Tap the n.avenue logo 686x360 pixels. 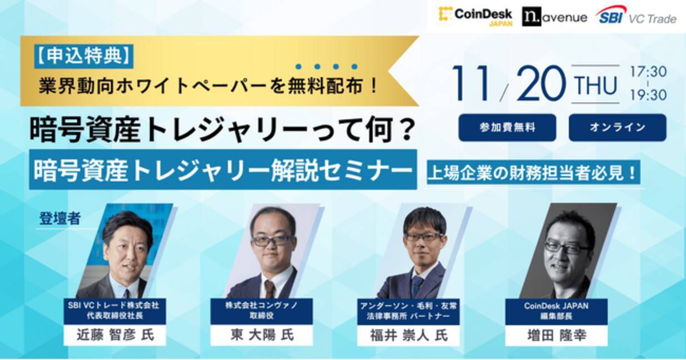[x=554, y=17]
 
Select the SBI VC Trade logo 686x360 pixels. [x=636, y=16]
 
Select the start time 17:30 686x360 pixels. [x=648, y=72]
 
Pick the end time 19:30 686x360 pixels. [x=648, y=96]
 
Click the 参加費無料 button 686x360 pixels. [x=507, y=127]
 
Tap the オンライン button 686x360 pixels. [x=617, y=127]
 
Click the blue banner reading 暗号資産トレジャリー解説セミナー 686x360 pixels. [x=223, y=169]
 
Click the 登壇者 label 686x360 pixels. [x=60, y=218]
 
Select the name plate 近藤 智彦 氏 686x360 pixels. [x=114, y=336]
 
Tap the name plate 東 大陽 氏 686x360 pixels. [x=261, y=336]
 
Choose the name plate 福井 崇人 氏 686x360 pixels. [x=408, y=336]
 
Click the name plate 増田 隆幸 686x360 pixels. [x=555, y=336]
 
